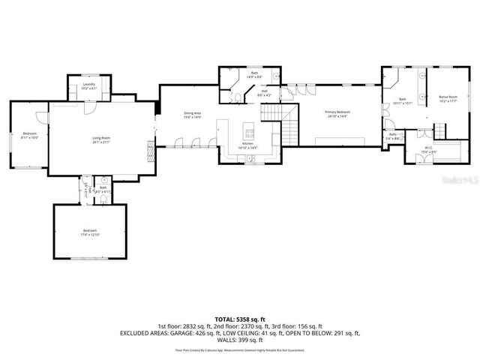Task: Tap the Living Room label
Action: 100,138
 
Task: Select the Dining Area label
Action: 193,113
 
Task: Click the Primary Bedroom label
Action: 337,112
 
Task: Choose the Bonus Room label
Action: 437,97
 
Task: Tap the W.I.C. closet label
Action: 428,148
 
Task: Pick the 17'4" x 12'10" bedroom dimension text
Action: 90,235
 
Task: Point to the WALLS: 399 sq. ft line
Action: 239,340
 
